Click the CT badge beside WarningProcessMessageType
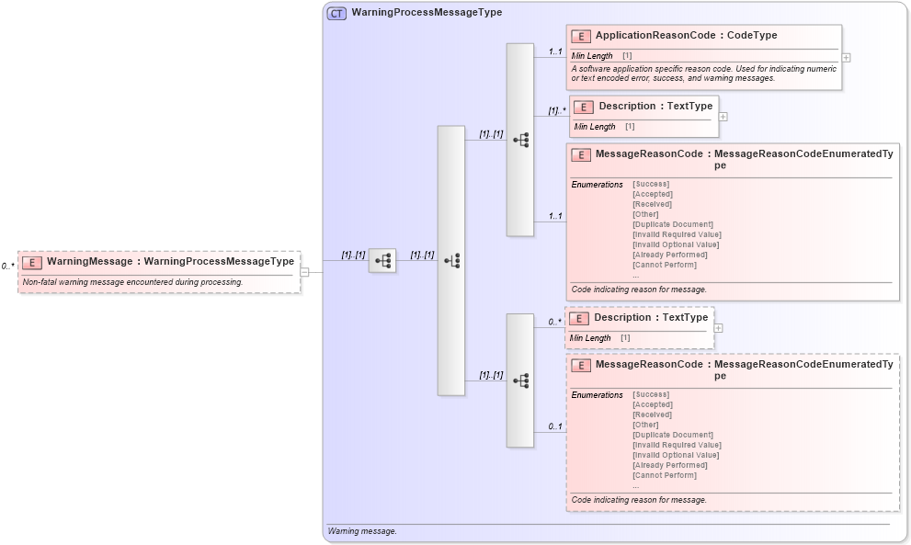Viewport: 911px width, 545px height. (336, 14)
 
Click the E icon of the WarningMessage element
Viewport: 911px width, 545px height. (32, 262)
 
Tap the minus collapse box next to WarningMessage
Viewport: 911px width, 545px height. (304, 271)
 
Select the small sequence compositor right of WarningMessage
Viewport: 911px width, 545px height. (381, 261)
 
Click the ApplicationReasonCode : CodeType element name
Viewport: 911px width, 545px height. (686, 36)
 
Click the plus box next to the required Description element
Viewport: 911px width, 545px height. (723, 117)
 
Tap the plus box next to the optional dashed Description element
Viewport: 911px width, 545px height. (719, 328)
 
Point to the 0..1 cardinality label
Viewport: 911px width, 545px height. (555, 426)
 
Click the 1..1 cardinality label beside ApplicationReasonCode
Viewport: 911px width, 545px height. (555, 51)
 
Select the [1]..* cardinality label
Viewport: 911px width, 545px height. (555, 110)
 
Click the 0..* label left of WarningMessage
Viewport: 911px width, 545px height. (8, 266)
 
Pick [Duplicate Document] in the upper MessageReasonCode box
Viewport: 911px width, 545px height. (673, 224)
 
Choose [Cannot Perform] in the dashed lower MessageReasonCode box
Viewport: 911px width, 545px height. (665, 475)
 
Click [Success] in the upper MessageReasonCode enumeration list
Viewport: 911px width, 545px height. (651, 184)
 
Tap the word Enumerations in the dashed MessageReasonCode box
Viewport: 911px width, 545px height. (597, 395)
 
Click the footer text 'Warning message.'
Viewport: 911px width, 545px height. (362, 531)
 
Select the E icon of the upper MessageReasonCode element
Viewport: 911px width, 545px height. (580, 155)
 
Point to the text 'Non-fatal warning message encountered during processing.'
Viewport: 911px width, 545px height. (132, 282)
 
